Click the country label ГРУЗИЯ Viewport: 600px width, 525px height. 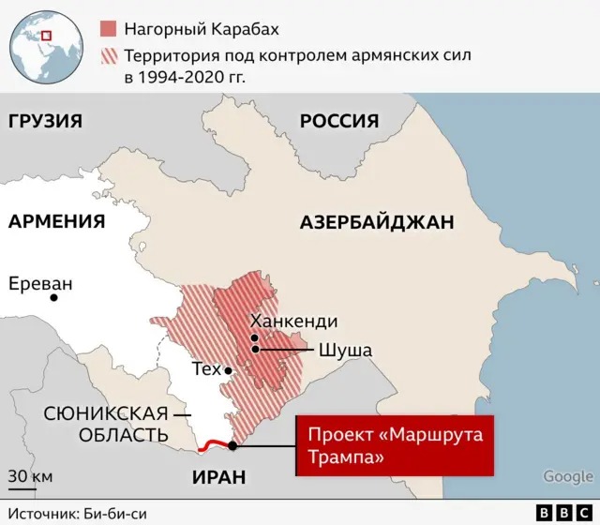(44, 121)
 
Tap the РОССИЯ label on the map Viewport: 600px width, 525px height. (338, 121)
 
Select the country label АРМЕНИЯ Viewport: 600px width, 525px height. (56, 221)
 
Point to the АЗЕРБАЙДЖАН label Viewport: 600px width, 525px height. (377, 222)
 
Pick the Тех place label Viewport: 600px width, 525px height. (206, 369)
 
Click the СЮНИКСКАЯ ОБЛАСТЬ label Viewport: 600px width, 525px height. (106, 424)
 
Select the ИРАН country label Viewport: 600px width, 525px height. (218, 477)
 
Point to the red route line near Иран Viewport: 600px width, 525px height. (217, 445)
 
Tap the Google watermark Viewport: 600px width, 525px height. (568, 477)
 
